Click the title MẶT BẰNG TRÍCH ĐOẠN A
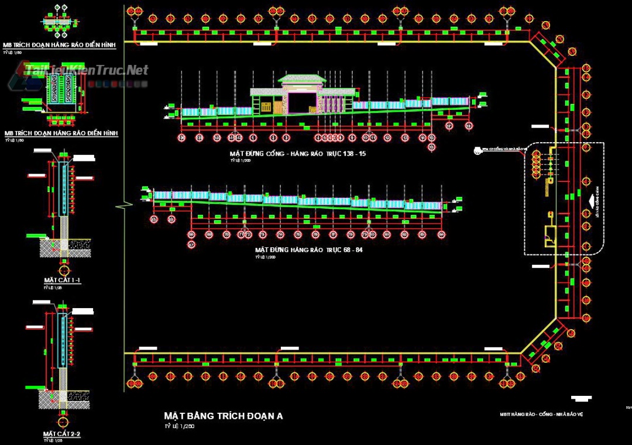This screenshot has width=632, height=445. click(x=223, y=416)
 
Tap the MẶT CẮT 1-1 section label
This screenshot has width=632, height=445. click(x=62, y=281)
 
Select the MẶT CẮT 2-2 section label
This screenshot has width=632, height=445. click(x=61, y=434)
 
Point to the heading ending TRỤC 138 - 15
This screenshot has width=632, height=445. click(x=298, y=153)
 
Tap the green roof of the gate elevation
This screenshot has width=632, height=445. click(x=301, y=79)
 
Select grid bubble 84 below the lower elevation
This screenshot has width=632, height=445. click(x=441, y=234)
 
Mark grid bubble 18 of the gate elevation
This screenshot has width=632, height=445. click(x=468, y=125)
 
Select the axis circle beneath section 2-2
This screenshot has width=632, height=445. click(x=64, y=422)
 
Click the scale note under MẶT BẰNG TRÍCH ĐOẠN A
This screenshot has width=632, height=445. click(x=179, y=426)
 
